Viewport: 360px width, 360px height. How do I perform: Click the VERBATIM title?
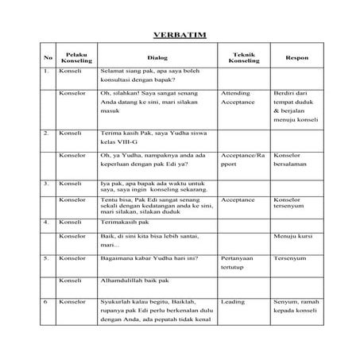tap(179, 36)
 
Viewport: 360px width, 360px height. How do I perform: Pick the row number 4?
tap(47, 223)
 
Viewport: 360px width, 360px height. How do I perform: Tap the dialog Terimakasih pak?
tap(126, 223)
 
